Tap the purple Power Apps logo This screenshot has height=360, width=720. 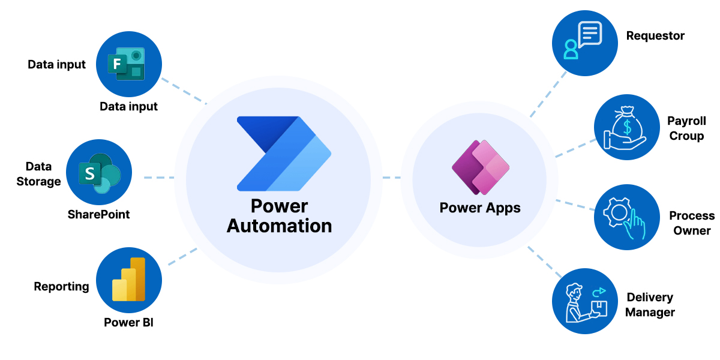pos(480,167)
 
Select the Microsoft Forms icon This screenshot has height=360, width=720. pos(128,64)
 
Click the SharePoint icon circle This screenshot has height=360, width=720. pos(98,173)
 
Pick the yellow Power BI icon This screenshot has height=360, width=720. pos(128,280)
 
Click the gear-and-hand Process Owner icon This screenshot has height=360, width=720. pos(626,217)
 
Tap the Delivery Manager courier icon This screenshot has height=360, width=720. pos(584,301)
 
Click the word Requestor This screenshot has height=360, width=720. pos(655,36)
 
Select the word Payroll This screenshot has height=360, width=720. pos(686,121)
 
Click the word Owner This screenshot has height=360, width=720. pos(692,230)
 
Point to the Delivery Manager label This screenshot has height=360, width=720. pos(650,305)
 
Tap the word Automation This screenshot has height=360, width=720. pos(279,226)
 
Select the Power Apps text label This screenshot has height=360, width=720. pos(480,208)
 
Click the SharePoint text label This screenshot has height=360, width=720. pos(98,214)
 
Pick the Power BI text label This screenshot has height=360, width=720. pos(128,322)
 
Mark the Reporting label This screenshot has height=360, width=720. pos(61,287)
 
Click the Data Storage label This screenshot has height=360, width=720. pos(38,174)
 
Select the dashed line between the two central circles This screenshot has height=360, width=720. pos(392,178)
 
